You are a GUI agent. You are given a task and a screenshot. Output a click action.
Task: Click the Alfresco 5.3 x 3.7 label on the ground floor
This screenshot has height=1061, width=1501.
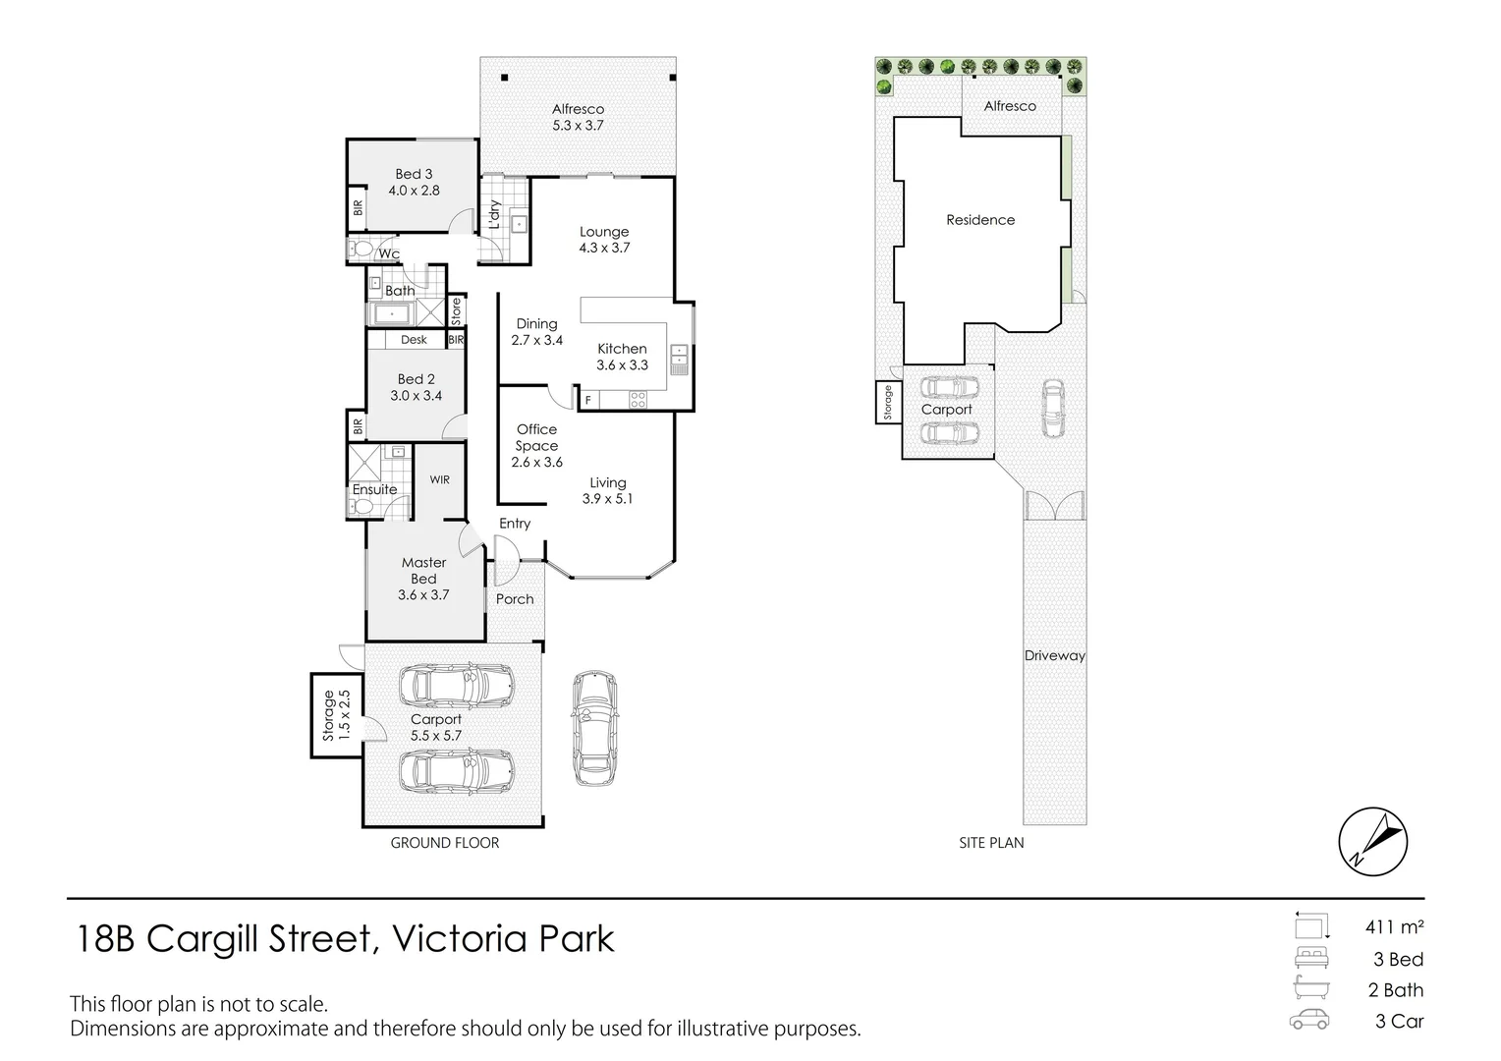coord(578,117)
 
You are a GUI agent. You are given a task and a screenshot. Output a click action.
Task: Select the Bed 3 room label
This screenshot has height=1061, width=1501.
coord(414,182)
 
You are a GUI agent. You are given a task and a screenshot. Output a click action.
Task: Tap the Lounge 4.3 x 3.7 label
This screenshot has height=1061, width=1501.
coord(604,240)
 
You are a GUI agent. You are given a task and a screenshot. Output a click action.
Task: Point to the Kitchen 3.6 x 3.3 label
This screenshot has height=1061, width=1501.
coord(622,357)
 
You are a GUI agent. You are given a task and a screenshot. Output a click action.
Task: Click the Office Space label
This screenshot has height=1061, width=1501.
coord(537,445)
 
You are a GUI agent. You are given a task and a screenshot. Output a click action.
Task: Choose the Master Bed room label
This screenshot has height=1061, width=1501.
coord(423,579)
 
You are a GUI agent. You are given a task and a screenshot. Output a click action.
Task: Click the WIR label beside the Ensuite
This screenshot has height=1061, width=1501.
coord(439,479)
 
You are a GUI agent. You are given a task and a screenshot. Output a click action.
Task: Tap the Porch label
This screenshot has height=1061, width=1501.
coord(515,598)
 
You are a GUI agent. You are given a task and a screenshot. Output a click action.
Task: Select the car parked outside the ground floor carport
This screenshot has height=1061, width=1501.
coord(594,727)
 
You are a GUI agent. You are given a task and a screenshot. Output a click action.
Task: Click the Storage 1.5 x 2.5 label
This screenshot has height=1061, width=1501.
coord(336,715)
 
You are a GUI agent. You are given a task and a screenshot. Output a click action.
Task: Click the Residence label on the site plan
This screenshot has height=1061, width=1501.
coord(980,220)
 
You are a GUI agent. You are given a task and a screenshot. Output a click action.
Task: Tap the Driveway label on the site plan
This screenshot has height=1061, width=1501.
coord(1054,655)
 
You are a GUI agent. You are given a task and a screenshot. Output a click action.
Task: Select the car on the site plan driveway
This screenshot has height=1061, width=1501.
coord(1052,409)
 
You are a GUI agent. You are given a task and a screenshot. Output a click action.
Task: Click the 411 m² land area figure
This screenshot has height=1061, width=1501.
coord(1394,926)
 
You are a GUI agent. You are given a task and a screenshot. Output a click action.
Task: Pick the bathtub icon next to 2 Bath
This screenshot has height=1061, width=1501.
coord(1309,988)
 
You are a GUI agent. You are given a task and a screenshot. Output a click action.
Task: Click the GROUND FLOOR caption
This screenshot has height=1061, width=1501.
coord(445,843)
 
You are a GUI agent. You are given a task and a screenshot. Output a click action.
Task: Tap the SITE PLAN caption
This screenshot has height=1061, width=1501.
coord(991,843)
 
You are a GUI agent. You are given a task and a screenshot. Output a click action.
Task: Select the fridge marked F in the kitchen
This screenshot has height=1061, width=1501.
coord(587,400)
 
